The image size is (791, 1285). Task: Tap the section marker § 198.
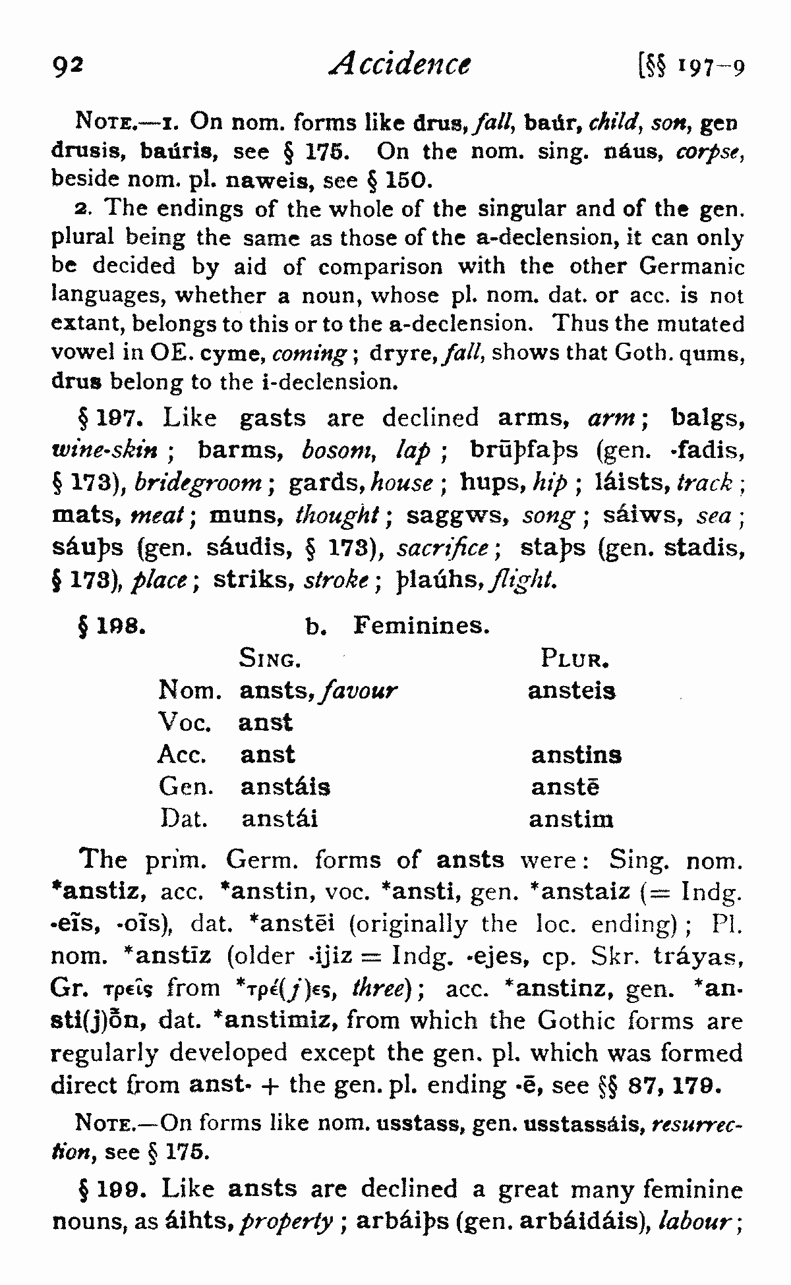(x=111, y=625)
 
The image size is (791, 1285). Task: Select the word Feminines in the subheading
(x=421, y=624)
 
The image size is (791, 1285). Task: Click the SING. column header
(x=270, y=658)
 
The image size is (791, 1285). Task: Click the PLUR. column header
(x=573, y=658)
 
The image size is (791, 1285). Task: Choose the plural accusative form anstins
(x=576, y=755)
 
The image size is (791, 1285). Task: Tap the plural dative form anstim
(x=571, y=819)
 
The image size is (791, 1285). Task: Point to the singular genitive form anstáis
(x=285, y=787)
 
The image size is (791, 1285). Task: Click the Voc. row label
(x=184, y=723)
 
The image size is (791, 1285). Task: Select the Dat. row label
(x=184, y=819)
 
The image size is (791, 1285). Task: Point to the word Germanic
(x=691, y=266)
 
